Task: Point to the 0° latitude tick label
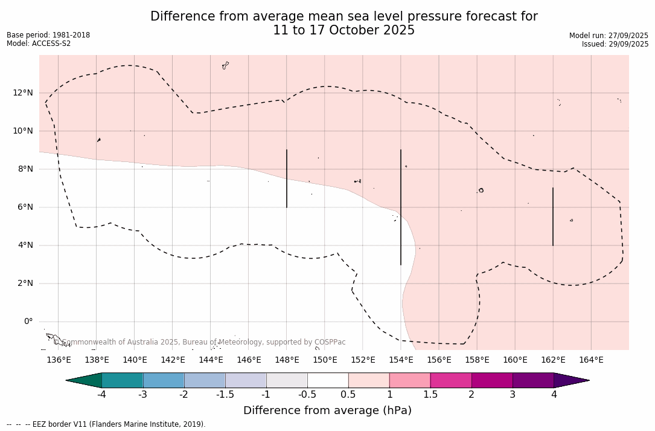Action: pos(28,322)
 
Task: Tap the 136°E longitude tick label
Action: pos(59,360)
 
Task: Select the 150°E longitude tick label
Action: pos(325,360)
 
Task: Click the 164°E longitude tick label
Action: pos(591,360)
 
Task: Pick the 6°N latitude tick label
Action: pos(25,207)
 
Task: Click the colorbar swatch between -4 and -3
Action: pos(123,380)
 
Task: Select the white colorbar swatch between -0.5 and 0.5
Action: pos(328,380)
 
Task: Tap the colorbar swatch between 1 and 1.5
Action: pos(410,380)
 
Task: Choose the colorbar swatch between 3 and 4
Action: pos(533,380)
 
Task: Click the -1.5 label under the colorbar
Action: pos(225,395)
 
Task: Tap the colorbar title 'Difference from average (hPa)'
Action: pos(327,410)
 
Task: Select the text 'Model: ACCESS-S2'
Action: pos(39,44)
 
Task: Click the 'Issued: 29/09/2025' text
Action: pos(615,44)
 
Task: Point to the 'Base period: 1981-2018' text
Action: pos(48,35)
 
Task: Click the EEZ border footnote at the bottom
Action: pos(106,424)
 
